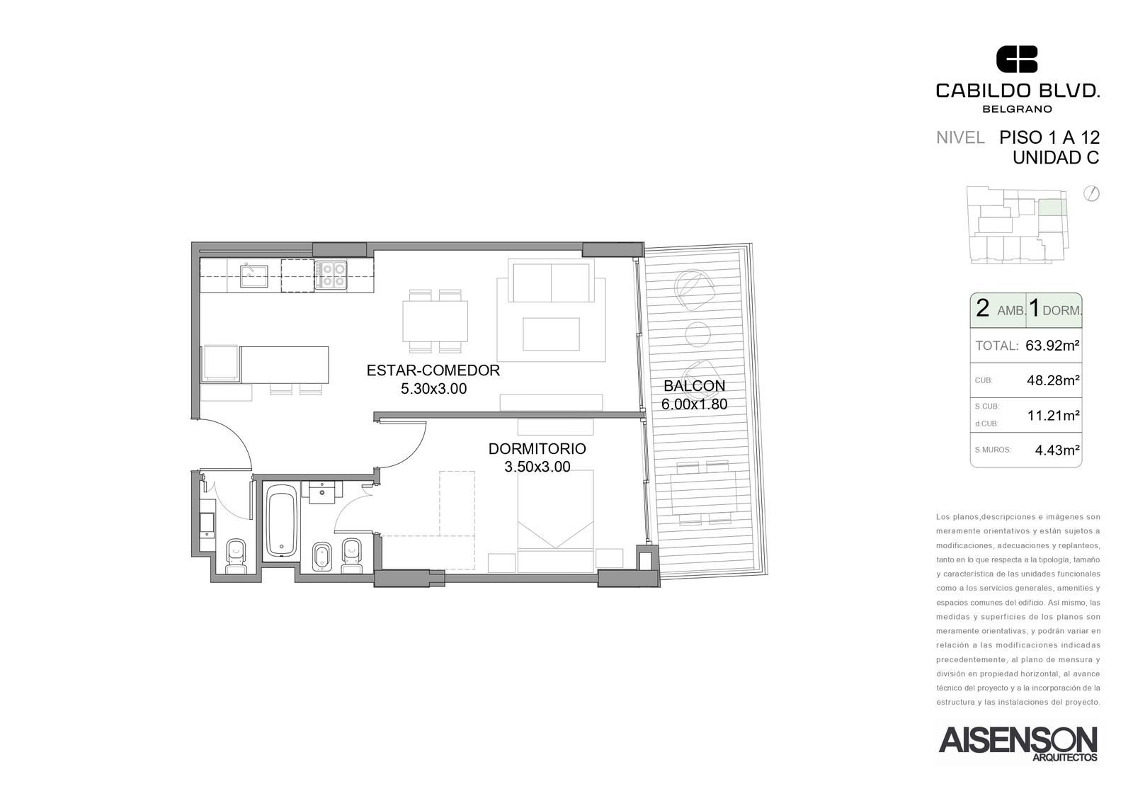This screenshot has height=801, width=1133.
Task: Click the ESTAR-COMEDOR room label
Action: [x=433, y=370]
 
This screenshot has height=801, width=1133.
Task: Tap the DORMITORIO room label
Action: [x=537, y=449]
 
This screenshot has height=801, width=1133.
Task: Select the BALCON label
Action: [x=694, y=386]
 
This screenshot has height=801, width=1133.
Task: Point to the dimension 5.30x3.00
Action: [x=433, y=389]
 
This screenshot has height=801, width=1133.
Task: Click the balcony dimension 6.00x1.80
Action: [x=694, y=404]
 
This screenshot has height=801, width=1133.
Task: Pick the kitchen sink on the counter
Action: [x=254, y=275]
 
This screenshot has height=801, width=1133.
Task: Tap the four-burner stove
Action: [x=331, y=275]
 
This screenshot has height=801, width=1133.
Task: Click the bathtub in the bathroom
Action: [x=282, y=520]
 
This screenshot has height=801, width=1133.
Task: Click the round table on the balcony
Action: [x=698, y=334]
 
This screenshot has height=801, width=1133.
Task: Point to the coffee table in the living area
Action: [x=551, y=334]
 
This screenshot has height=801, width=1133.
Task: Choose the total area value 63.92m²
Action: [x=1052, y=346]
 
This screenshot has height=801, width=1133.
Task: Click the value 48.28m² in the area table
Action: [x=1053, y=380]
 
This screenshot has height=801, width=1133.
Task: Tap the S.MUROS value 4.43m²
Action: [x=1057, y=450]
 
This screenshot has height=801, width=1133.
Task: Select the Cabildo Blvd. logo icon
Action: [x=1017, y=59]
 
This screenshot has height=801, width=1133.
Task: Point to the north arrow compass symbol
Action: [x=1091, y=194]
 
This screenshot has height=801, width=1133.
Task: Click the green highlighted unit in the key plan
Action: [x=1052, y=208]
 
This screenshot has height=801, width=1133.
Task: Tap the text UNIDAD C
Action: [x=1056, y=158]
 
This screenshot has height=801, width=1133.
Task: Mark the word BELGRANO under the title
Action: [x=1017, y=109]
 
